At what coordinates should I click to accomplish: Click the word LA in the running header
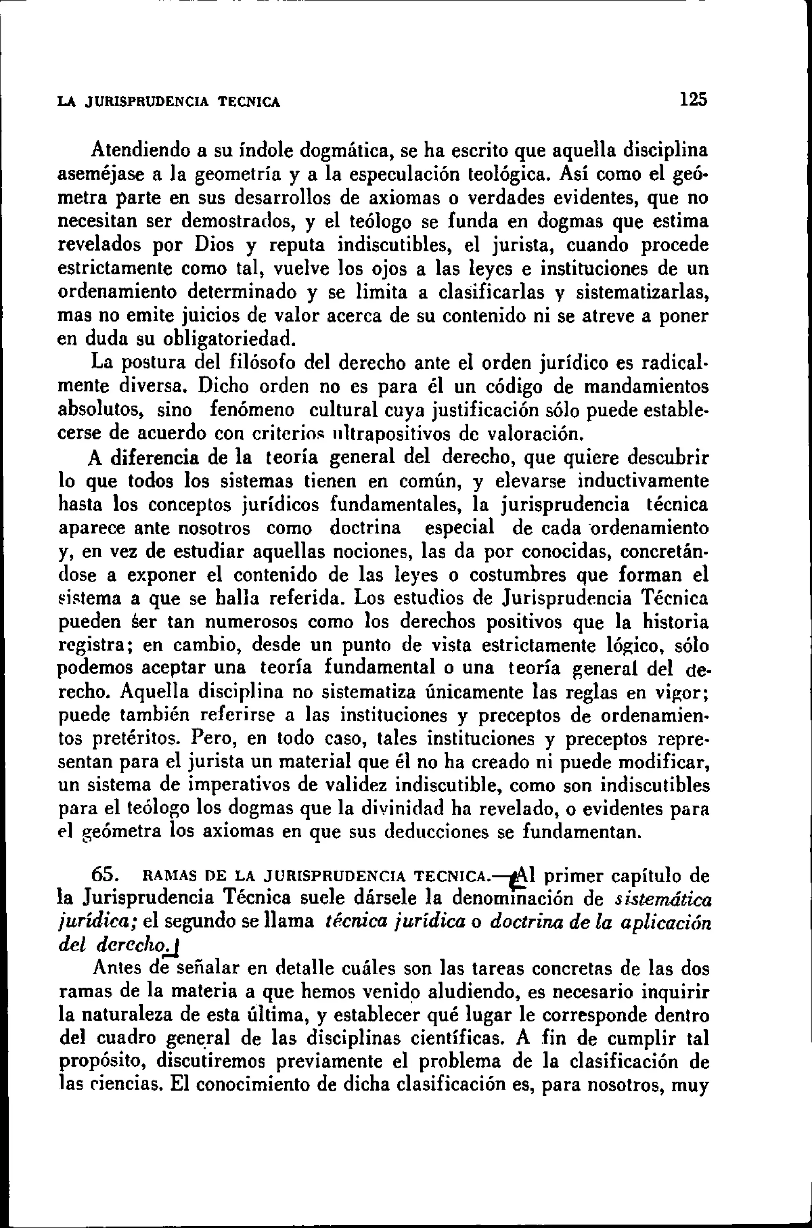(x=66, y=102)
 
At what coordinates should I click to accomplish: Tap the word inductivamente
(x=643, y=481)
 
